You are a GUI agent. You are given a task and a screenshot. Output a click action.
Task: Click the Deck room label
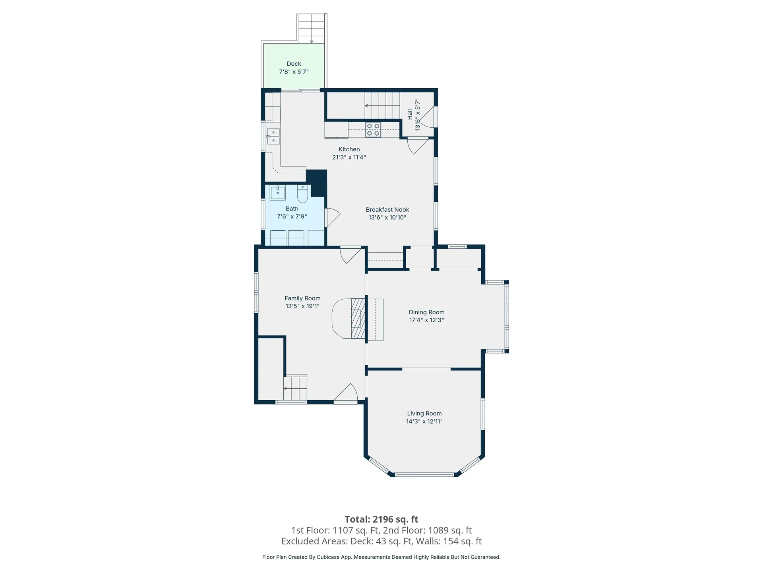294,64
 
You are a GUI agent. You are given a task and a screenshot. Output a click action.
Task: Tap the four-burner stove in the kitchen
373,130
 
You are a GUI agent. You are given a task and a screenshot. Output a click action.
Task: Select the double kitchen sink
273,136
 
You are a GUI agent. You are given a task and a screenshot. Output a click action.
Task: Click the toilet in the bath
302,193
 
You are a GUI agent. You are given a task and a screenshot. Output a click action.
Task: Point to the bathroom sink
277,193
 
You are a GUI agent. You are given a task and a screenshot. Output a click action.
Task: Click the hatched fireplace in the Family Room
358,318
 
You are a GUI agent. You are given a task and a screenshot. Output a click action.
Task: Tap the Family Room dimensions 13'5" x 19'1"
302,306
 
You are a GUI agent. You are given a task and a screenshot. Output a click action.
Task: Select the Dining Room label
426,312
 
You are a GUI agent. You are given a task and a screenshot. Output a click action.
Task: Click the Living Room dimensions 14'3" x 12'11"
424,421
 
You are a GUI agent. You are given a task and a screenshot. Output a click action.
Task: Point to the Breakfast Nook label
387,210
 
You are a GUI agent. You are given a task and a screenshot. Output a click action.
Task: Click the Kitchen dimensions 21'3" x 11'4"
349,157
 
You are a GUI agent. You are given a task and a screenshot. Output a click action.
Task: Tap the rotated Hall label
410,115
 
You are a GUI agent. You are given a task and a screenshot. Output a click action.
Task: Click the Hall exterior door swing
427,117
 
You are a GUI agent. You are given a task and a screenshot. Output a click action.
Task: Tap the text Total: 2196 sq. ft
381,519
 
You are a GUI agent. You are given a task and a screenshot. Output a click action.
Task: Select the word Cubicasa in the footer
328,557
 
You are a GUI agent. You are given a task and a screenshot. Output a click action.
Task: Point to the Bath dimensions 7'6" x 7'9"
292,216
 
